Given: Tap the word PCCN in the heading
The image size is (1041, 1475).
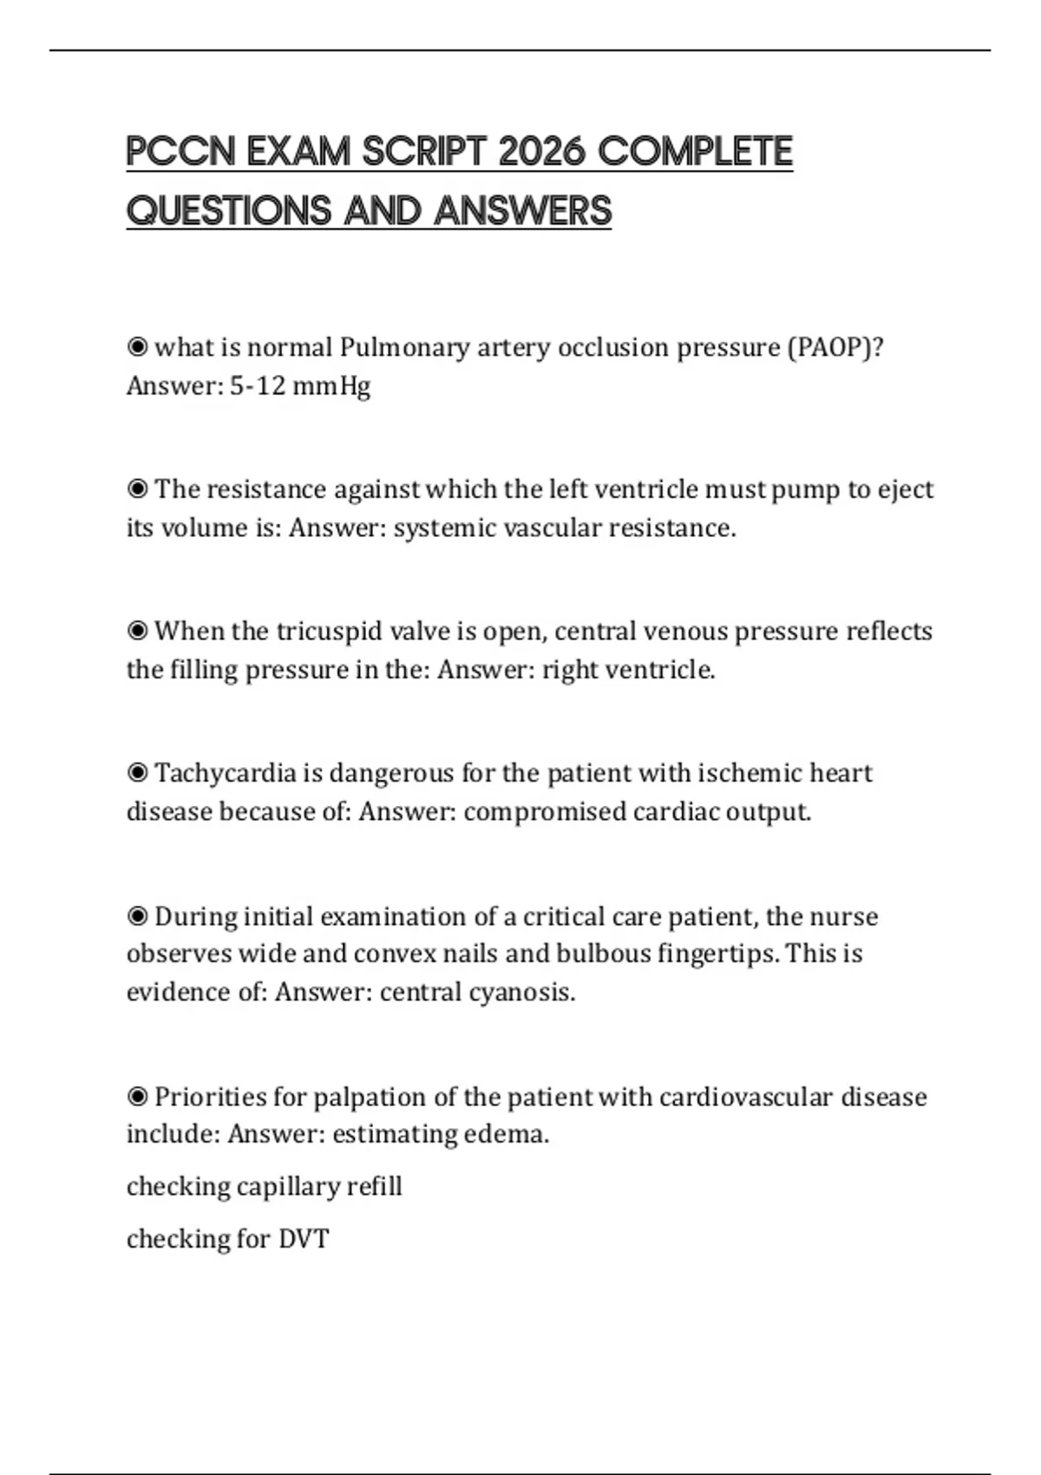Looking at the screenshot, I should coord(180,152).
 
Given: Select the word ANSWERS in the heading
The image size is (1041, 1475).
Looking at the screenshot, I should coord(523,211).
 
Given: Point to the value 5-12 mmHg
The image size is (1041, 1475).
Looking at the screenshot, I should coord(300,386).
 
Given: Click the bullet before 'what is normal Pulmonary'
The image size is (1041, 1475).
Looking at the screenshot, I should coord(137,348).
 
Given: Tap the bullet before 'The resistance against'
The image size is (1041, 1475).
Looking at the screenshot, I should coord(137,489).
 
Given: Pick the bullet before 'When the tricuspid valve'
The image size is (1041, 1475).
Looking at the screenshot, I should coord(137,631).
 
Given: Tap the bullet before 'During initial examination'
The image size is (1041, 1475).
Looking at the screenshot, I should coord(137,917).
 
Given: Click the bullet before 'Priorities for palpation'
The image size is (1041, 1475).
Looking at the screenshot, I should coord(137,1098).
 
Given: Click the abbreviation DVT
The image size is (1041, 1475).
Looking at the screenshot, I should coord(304,1239).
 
